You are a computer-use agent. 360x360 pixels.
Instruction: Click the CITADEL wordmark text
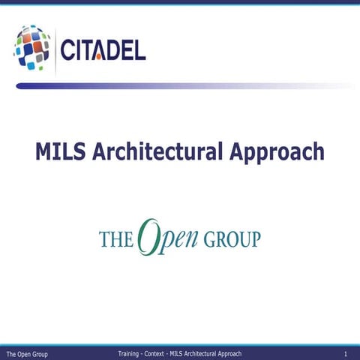103,51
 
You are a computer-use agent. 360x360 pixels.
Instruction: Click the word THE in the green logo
116,239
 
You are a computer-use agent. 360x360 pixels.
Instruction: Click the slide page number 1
345,353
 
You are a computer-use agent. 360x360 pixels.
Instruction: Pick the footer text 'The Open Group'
27,353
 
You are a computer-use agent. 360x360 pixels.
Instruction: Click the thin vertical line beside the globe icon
55,49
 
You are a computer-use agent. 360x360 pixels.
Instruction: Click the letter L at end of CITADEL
139,51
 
